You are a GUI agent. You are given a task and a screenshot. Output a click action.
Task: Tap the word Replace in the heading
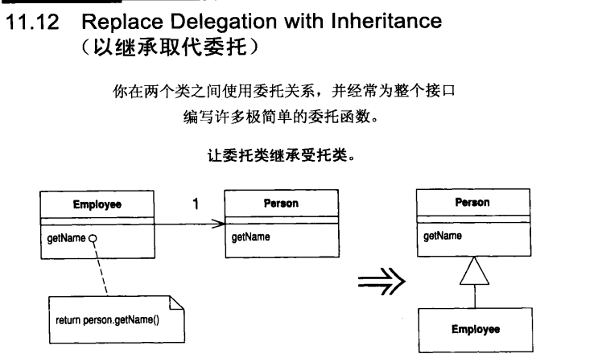click(x=114, y=22)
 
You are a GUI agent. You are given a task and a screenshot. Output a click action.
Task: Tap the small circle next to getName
click(x=93, y=238)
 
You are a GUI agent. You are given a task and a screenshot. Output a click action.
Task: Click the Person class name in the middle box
click(x=280, y=204)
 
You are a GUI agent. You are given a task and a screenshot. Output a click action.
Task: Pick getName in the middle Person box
click(x=245, y=237)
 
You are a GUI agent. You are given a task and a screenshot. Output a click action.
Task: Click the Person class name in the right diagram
click(x=472, y=203)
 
